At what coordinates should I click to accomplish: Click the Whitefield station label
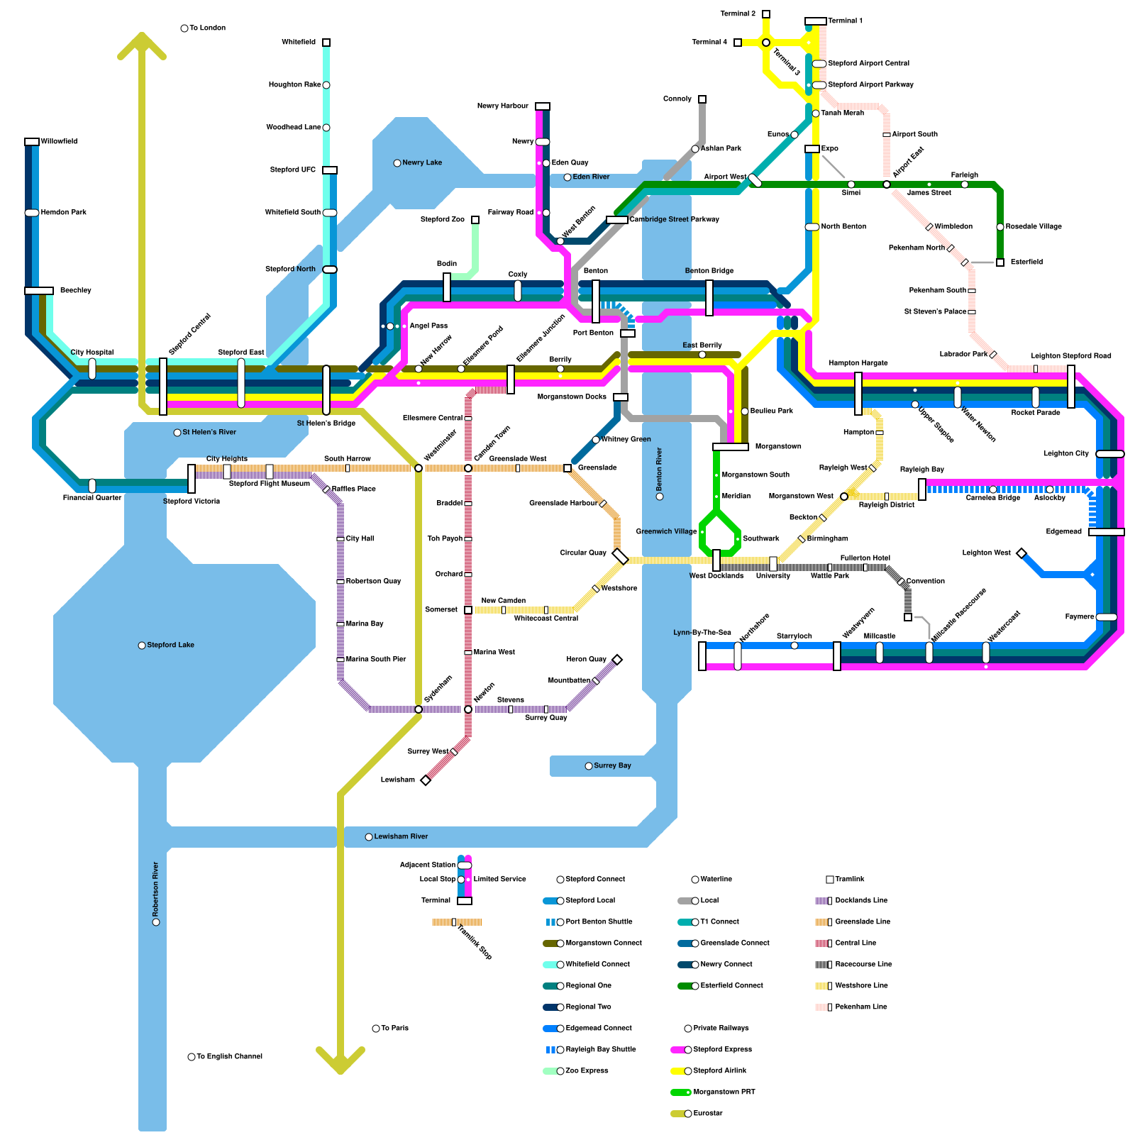click(x=299, y=43)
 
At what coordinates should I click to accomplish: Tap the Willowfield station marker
click(x=32, y=142)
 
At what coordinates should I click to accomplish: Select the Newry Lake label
click(x=422, y=163)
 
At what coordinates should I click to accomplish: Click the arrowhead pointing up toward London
click(x=142, y=41)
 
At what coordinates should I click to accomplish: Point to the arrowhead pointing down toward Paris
click(x=340, y=1064)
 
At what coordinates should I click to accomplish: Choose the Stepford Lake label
click(x=170, y=646)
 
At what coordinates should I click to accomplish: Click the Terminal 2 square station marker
click(x=766, y=14)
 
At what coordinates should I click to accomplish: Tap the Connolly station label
click(x=677, y=99)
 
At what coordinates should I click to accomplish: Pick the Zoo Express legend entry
click(x=587, y=1071)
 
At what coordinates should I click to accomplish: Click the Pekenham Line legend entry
click(x=860, y=1007)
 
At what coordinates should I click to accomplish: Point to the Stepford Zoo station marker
click(x=475, y=220)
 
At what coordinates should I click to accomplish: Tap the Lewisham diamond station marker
click(x=426, y=780)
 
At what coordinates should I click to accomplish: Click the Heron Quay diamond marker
click(x=617, y=660)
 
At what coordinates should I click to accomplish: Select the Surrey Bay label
click(x=612, y=766)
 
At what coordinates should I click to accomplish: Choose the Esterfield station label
click(x=1026, y=262)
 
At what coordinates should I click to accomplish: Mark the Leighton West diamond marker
click(x=1021, y=553)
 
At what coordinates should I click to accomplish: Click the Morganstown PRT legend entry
click(x=724, y=1092)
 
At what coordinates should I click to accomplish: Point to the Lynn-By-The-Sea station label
click(x=702, y=633)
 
